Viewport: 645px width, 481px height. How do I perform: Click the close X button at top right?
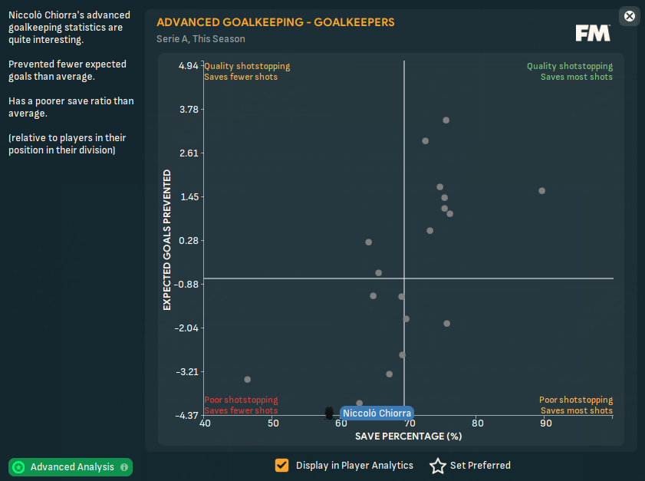point(630,16)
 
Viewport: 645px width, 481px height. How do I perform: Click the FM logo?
point(593,33)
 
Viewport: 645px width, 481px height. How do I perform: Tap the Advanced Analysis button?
point(71,466)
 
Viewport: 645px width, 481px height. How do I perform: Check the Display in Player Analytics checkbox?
point(282,465)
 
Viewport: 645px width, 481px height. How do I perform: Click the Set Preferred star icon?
point(437,466)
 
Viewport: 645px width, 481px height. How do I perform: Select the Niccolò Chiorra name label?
point(377,413)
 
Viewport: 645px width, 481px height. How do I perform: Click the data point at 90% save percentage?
point(541,190)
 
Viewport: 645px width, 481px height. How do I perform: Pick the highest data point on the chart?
point(446,120)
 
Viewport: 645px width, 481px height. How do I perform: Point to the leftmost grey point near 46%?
point(247,379)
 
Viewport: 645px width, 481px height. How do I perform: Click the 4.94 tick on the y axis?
point(188,66)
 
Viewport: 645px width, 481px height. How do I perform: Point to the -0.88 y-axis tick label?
point(186,284)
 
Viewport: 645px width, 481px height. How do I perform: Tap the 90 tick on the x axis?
point(546,423)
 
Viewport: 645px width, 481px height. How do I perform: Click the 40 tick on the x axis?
point(205,423)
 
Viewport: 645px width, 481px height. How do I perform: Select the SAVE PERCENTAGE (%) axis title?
point(408,436)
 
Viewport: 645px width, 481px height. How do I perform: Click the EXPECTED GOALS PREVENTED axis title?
point(167,240)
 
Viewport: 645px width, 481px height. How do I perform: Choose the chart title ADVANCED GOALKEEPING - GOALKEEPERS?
point(275,22)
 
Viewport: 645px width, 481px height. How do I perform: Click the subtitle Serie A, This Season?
point(201,38)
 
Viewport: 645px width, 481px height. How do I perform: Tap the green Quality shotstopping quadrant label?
point(569,66)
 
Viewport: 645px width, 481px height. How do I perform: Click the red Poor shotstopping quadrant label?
point(241,400)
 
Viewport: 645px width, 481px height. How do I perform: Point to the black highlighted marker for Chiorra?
point(329,413)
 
